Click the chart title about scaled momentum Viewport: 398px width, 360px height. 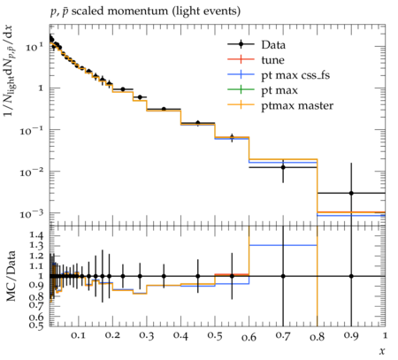(145, 11)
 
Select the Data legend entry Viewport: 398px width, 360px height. (273, 44)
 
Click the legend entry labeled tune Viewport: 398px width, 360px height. (272, 60)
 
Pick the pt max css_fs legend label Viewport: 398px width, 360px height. (295, 75)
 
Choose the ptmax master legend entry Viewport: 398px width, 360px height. (297, 105)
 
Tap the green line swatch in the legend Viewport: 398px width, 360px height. (241, 89)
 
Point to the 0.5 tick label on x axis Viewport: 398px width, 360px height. (215, 336)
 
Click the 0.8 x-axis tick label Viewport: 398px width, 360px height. (317, 336)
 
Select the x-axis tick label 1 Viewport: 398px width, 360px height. (385, 335)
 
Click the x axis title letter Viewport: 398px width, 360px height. (382, 351)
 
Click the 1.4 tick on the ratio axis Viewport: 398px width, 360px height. (36, 235)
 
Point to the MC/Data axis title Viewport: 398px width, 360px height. (11, 276)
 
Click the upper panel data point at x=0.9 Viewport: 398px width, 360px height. (351, 193)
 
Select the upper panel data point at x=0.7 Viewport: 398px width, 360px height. (283, 167)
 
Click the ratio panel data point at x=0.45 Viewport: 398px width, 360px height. (198, 276)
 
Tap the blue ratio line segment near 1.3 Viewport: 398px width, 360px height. (283, 245)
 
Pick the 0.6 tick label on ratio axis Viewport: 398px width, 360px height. (36, 317)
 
